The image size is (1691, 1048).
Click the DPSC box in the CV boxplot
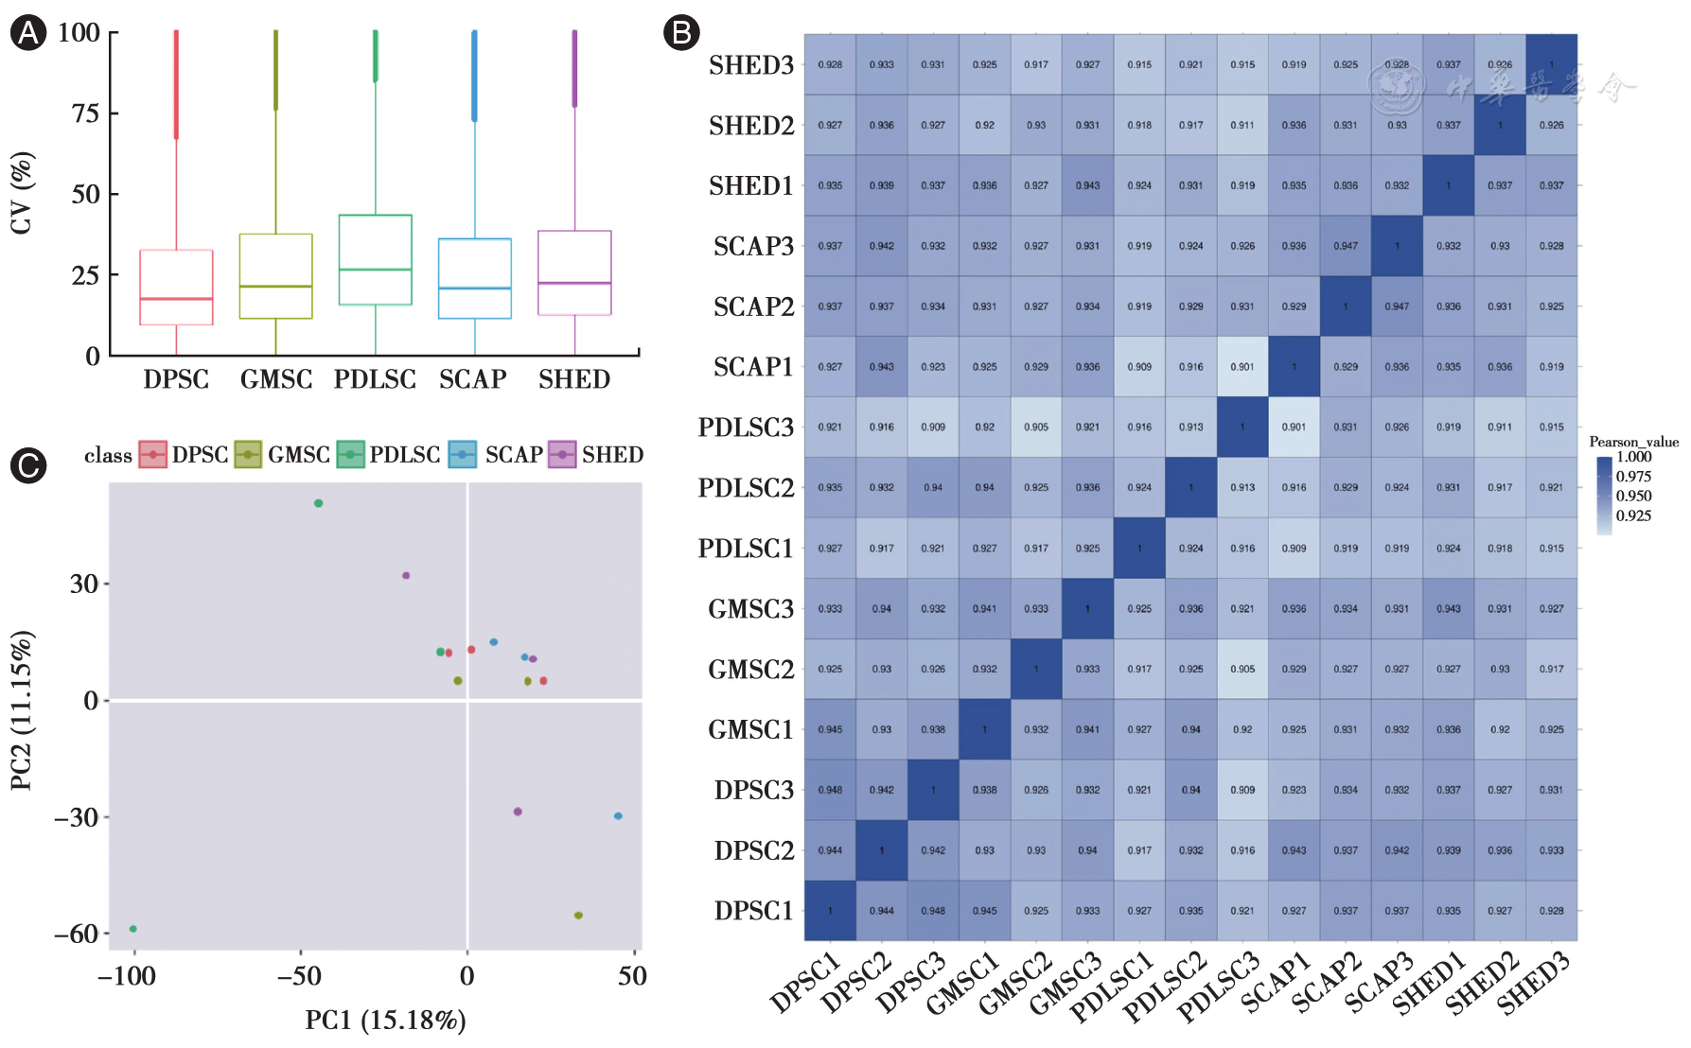click(176, 288)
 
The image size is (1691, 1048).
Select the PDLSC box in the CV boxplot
click(376, 260)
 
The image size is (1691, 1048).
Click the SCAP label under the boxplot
click(473, 379)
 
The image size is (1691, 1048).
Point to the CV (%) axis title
click(21, 193)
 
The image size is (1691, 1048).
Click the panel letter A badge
click(27, 34)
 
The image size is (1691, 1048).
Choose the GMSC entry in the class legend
click(283, 455)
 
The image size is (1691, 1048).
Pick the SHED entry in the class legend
click(596, 455)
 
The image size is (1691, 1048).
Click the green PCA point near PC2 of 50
click(319, 503)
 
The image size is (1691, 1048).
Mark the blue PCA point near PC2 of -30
click(618, 816)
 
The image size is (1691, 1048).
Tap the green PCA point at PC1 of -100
click(133, 929)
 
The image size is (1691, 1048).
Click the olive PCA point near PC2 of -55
click(578, 916)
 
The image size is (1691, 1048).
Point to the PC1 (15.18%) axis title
click(385, 1021)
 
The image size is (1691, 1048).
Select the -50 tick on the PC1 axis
click(300, 976)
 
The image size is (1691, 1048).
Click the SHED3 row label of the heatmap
click(751, 65)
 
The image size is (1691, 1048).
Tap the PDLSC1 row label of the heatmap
click(746, 549)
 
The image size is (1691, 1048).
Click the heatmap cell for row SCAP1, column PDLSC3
click(1242, 367)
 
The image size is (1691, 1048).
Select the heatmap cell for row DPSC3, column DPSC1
click(830, 790)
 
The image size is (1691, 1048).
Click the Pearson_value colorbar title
click(1633, 442)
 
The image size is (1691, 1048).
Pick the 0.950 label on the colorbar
click(1633, 496)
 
